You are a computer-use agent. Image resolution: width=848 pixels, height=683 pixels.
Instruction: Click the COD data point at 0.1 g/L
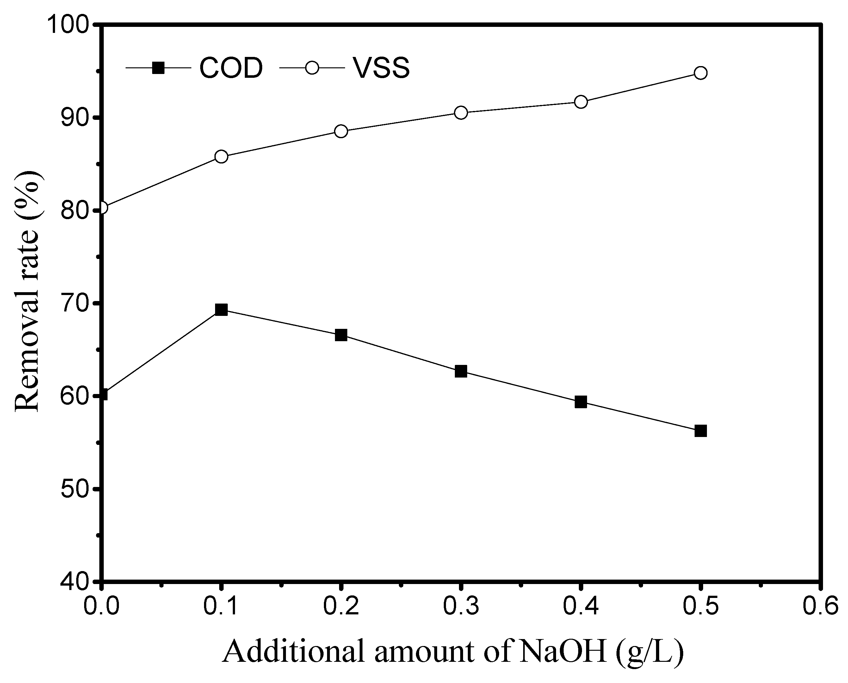coord(221,310)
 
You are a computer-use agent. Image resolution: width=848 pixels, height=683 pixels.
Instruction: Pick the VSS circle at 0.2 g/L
coord(341,131)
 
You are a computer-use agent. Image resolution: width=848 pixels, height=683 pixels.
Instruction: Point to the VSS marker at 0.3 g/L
coord(461,113)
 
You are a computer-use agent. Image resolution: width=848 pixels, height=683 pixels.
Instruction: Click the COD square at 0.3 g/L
coord(461,372)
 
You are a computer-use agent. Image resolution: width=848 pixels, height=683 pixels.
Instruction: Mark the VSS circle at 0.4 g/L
coord(581,102)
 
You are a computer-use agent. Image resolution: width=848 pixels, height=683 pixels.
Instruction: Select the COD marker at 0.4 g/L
coord(581,402)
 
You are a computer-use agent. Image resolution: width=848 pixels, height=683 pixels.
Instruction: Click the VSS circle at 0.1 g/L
coord(221,157)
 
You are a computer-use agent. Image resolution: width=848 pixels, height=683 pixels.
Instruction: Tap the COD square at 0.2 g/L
coord(341,335)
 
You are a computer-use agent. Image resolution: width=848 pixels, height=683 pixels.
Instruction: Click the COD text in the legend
coord(231,68)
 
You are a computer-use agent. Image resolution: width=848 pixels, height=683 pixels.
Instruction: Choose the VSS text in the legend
coord(381,68)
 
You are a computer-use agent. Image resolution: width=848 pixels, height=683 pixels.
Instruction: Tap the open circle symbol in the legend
coord(312,68)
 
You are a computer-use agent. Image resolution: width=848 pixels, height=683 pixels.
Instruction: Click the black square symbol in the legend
coord(158,68)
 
